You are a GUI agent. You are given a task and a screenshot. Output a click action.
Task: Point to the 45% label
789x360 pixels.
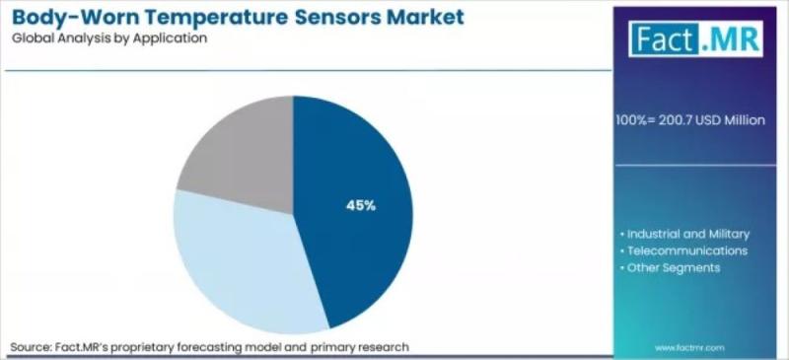point(361,205)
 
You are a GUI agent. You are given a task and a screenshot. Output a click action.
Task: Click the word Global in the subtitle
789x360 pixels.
point(29,38)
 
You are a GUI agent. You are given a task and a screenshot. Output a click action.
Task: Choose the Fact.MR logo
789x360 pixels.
point(696,38)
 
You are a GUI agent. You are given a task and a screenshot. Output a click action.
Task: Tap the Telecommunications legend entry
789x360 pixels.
point(683,251)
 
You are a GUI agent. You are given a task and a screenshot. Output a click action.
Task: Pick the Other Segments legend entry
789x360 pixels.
point(671,267)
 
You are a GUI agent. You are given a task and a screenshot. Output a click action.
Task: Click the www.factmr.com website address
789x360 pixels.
point(689,348)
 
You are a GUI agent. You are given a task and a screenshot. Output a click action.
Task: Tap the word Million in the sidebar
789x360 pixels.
point(745,120)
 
